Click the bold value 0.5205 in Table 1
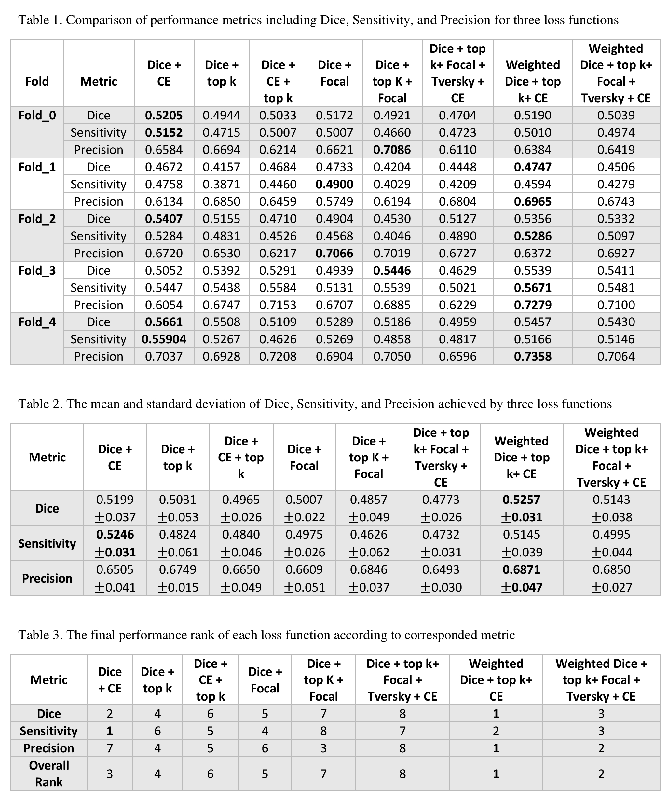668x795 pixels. coord(164,115)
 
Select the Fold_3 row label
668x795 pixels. coord(37,270)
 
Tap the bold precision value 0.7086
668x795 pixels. coord(392,150)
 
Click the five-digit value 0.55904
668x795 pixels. coord(164,339)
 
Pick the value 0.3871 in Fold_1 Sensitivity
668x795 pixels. coord(221,184)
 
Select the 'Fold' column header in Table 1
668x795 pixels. coord(37,81)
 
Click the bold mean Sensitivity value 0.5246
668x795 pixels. coord(115,534)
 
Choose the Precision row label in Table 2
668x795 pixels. coord(47,578)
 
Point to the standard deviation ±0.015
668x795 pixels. coord(178,587)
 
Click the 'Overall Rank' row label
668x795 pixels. coord(49,774)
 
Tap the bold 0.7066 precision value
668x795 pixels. coord(334,253)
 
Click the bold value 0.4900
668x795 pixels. coord(334,184)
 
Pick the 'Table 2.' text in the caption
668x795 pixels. coord(41,404)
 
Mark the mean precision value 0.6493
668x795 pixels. coord(441,569)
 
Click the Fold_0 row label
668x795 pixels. coord(37,115)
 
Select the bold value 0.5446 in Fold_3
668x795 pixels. coord(392,270)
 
